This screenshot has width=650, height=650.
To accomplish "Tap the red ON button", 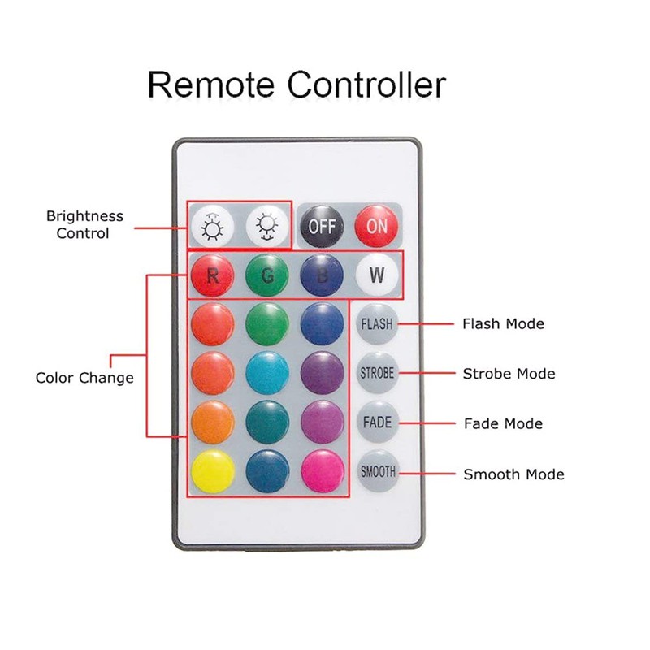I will pos(377,225).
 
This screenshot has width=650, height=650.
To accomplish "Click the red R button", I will pos(212,275).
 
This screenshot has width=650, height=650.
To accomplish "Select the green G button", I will pos(267,275).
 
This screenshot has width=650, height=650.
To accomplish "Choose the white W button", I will pos(377,275).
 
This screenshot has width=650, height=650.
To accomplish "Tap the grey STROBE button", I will pos(377,374).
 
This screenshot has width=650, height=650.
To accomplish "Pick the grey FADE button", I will pos(377,422).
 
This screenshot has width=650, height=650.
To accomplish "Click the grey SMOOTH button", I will pos(377,472).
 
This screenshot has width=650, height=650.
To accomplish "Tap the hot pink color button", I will pos(323,472).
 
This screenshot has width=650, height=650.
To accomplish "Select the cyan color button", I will pos(267,374).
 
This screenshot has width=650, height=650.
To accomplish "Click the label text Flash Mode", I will pos(503,323).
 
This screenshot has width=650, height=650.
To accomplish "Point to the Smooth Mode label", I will pos(513,474).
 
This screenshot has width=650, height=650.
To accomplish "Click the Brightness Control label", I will pos(84,224).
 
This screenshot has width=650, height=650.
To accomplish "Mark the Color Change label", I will pos(84,378).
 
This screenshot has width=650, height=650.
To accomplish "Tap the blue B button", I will pos(323,275).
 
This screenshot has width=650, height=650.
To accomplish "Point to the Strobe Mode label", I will pos(509,374).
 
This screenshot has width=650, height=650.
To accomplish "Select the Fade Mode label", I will pos(503,423).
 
